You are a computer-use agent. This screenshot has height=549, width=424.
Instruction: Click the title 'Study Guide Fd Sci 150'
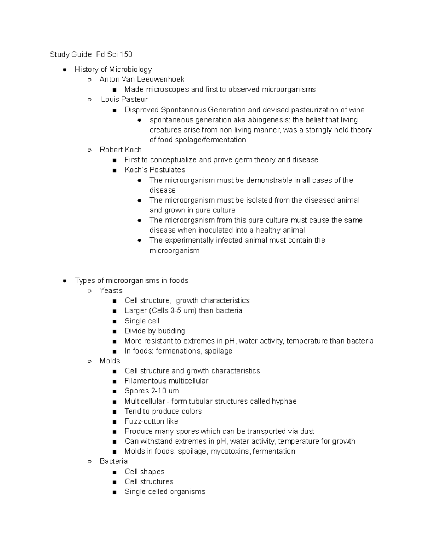coord(91,54)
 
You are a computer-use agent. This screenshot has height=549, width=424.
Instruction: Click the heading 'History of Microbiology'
coord(113,70)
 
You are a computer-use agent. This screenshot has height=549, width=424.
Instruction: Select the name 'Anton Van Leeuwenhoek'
coord(142,80)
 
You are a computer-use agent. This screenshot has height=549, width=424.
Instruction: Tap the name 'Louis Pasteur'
coord(124,99)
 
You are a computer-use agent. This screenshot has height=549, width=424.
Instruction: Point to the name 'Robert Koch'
coord(120,150)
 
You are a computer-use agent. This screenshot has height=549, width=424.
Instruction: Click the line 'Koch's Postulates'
coord(155,170)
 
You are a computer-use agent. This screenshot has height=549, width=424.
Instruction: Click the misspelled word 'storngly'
coord(319,130)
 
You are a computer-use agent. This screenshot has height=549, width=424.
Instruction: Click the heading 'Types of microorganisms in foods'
coord(131,281)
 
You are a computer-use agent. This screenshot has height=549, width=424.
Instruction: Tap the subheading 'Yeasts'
coord(111,291)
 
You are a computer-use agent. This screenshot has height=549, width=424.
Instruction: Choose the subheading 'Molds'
coord(110,361)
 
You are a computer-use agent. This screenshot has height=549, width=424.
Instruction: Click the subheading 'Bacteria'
coord(113,461)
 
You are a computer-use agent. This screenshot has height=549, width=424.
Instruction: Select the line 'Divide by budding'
coord(155,331)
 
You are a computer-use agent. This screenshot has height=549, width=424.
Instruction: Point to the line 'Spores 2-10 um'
coord(152,391)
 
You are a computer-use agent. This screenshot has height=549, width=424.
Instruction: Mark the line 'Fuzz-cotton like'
coord(151,421)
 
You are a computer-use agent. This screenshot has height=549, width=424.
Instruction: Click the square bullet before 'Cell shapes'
coord(114,472)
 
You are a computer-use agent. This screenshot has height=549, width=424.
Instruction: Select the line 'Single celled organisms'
coord(165,492)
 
